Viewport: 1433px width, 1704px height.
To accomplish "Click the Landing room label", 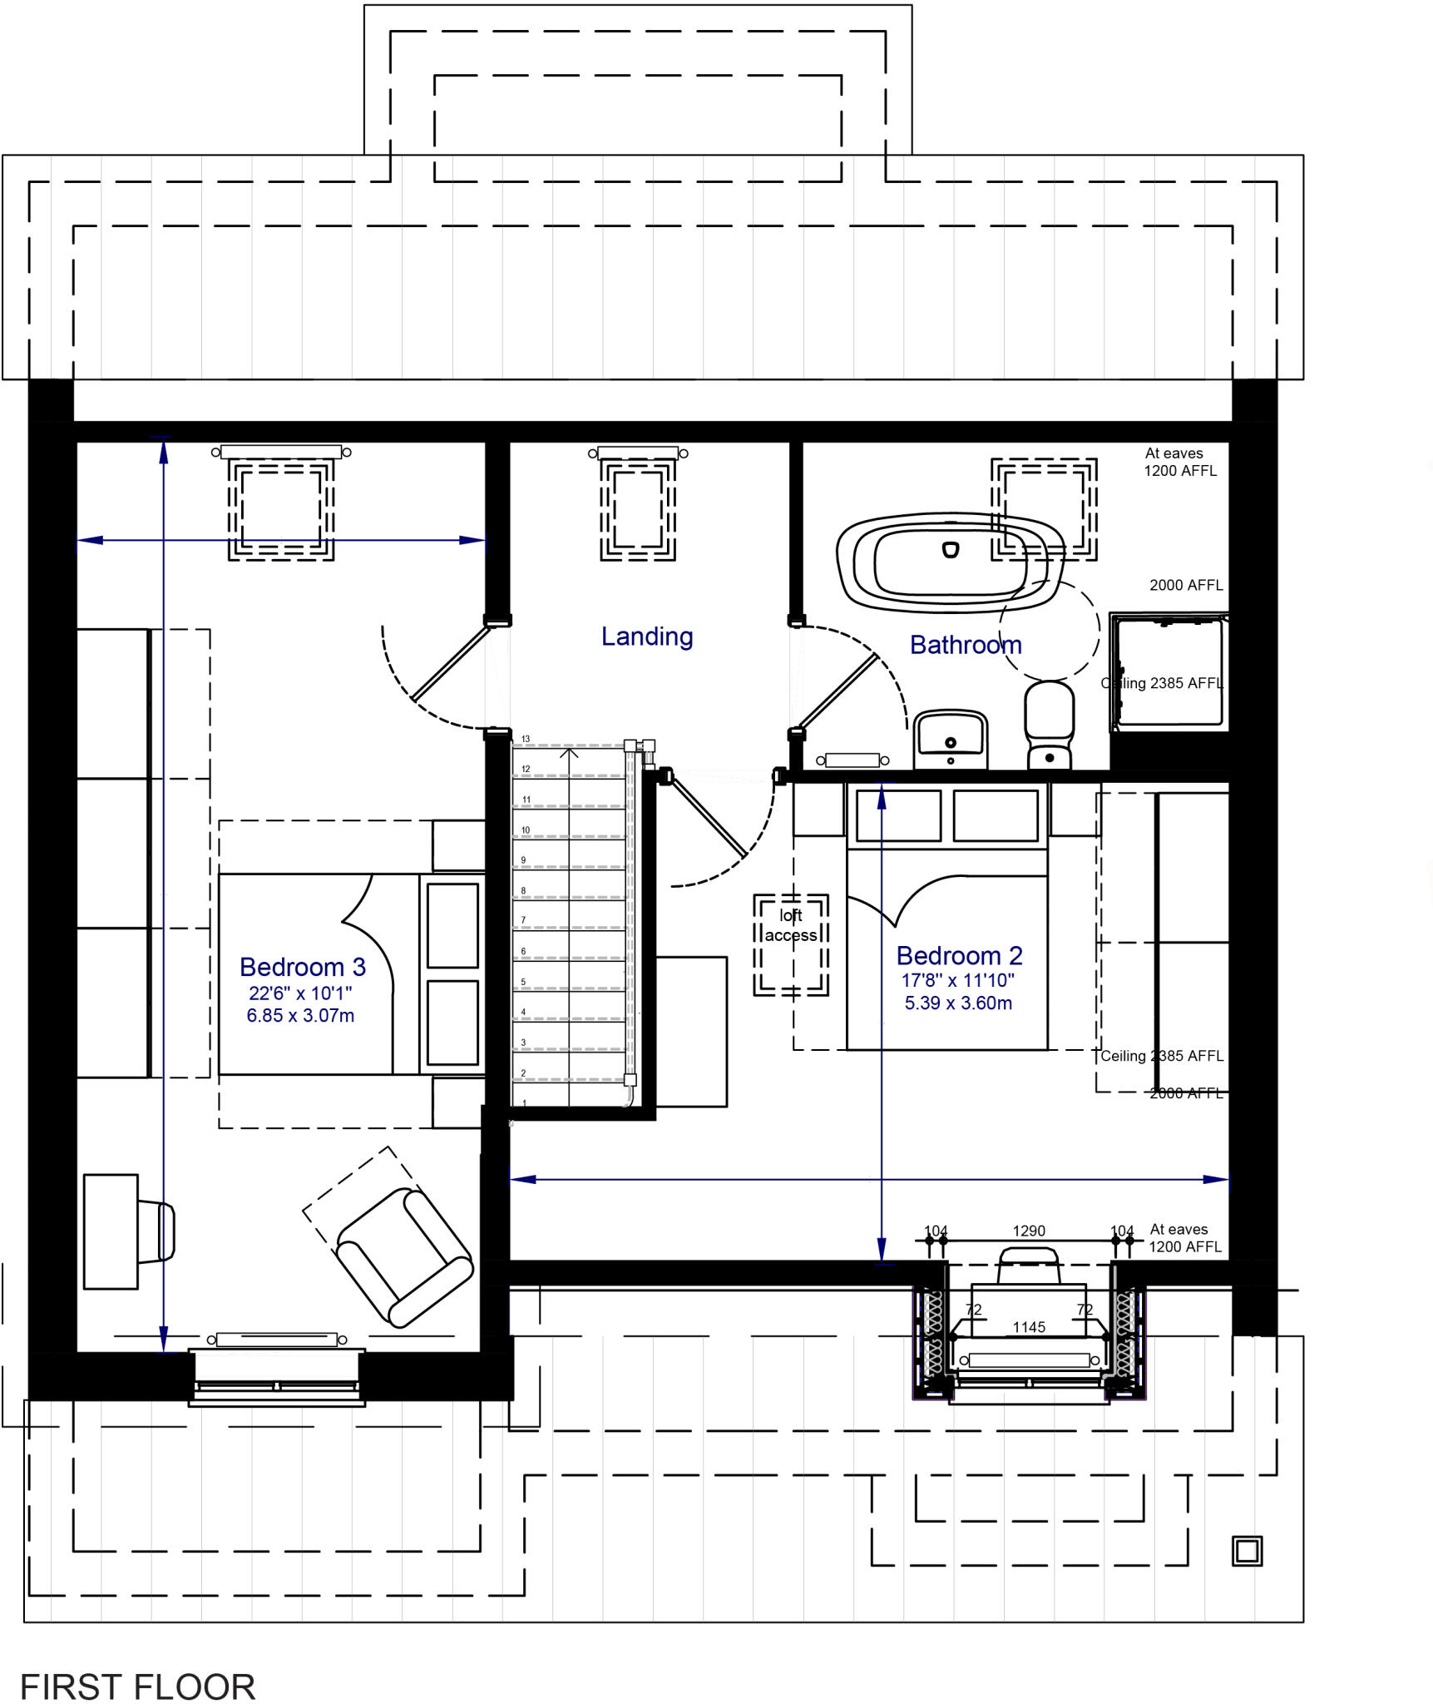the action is tap(647, 637).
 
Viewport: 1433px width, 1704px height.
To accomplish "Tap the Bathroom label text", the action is tap(966, 645).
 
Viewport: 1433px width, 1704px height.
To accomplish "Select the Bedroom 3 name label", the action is tap(303, 967).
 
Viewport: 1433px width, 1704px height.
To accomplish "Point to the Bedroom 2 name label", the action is tap(960, 955).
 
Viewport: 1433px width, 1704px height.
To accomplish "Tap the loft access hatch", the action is tap(791, 945).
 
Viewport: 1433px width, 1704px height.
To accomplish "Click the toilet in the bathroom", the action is tap(1050, 725).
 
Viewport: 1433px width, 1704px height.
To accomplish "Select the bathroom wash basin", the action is tap(951, 739).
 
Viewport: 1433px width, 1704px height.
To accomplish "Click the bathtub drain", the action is tap(951, 549).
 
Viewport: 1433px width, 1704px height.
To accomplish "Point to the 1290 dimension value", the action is tap(1029, 1231).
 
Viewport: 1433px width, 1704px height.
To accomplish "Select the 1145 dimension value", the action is tap(1029, 1327).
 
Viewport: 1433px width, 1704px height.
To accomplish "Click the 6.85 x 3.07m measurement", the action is tap(300, 1015).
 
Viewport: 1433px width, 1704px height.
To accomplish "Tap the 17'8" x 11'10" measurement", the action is tap(958, 980).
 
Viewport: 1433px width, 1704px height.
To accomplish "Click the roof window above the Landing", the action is tap(638, 504).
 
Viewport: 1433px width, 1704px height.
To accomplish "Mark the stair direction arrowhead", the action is tap(569, 753).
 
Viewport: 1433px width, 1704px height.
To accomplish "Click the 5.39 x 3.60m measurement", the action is tap(958, 1003).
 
